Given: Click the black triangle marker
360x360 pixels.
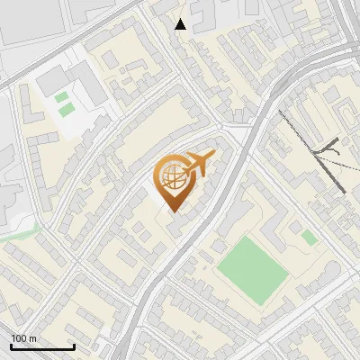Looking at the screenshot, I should (181, 24).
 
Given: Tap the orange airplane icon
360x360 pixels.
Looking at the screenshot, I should (200, 166).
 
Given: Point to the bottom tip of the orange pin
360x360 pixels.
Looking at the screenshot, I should (170, 212).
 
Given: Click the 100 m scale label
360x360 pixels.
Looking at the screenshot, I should (23, 338).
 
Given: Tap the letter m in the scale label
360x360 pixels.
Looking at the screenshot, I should (32, 338).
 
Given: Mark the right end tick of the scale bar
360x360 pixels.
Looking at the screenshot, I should (74, 346).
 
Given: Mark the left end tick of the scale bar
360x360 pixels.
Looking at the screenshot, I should (11, 346).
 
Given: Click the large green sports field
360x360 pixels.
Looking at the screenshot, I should (250, 269).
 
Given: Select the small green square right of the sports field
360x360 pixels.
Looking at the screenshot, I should (309, 238).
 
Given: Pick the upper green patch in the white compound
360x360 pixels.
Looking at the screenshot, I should (60, 97).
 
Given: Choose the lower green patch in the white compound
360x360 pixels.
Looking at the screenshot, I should (66, 110).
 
